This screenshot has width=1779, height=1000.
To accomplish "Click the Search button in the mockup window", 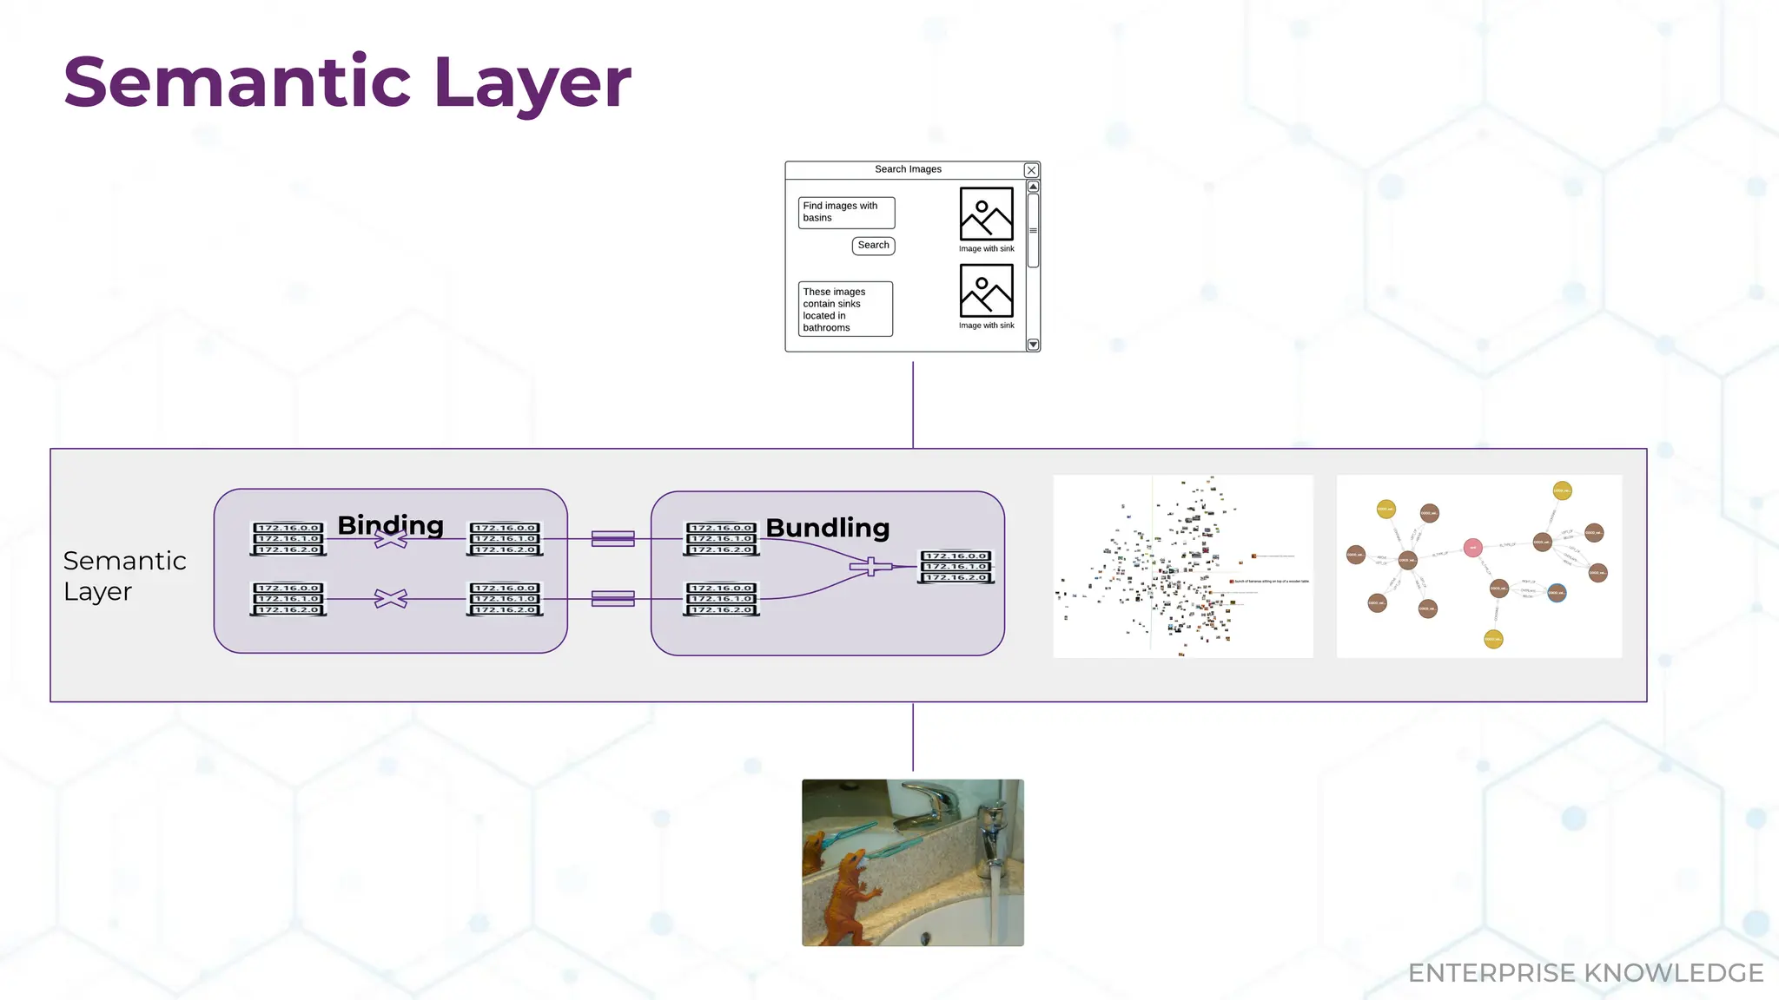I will coord(873,246).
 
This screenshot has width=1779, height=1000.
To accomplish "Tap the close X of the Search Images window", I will coord(1031,170).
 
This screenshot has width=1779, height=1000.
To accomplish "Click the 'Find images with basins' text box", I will coord(846,213).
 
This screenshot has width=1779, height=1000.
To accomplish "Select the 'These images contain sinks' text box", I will coord(845,309).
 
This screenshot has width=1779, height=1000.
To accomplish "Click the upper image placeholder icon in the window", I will coord(986,214).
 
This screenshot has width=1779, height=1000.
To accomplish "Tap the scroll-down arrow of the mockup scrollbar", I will coord(1033,345).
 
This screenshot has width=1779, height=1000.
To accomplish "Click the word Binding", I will coord(390,525).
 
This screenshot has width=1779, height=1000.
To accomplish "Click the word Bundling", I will coord(827,528).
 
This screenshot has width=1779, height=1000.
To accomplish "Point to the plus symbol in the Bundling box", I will coord(870,567).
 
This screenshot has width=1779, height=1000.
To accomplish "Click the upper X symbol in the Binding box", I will coord(391,539).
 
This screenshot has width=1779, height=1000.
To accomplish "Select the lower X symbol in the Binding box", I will coord(391,599).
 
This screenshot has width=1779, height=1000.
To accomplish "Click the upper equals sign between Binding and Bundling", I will coord(612,539).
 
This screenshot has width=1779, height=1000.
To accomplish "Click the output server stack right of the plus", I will coord(956,567).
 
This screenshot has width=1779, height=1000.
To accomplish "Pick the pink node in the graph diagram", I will coord(1472,548).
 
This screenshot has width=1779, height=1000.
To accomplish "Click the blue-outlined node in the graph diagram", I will coord(1557,594).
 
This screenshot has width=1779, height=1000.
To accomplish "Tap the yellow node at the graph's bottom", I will coord(1493,640).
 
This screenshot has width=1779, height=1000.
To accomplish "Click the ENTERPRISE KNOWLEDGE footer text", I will coord(1585,973).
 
